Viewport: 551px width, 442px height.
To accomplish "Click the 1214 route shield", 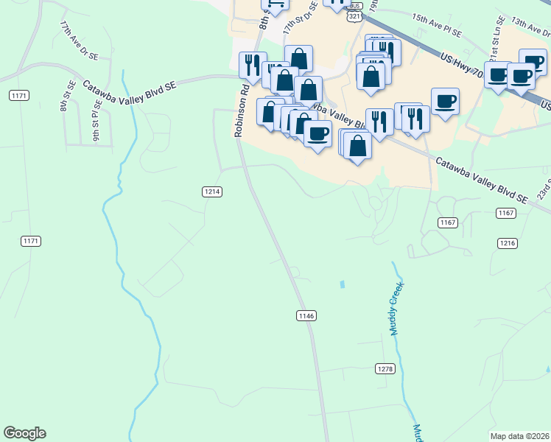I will (211, 192).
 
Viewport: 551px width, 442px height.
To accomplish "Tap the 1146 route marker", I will (306, 315).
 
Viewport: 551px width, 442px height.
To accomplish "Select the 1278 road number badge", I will (385, 368).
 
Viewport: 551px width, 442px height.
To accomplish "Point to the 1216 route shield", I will (508, 243).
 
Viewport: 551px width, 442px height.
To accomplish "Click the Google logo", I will (24, 433).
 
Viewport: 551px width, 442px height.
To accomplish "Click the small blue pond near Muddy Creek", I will (342, 284).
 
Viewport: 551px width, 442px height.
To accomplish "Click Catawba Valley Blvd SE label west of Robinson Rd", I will (130, 86).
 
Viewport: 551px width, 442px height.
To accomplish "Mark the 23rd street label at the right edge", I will (544, 190).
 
